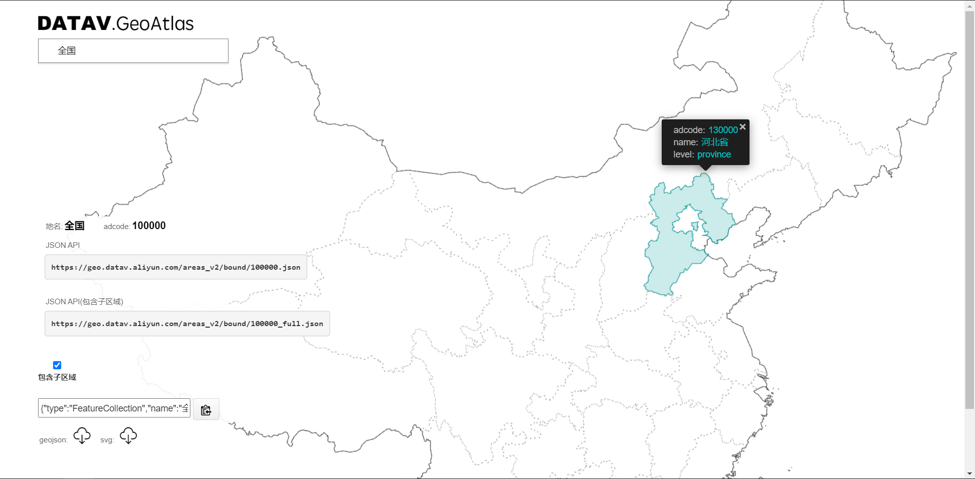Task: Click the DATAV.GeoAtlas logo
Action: pyautogui.click(x=116, y=23)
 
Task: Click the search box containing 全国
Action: pyautogui.click(x=133, y=51)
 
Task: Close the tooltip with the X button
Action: pyautogui.click(x=742, y=126)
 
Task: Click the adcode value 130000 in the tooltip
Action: pyautogui.click(x=723, y=130)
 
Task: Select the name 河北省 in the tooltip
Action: pyautogui.click(x=714, y=142)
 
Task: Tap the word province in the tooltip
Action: pyautogui.click(x=713, y=154)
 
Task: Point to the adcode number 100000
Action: pyautogui.click(x=149, y=226)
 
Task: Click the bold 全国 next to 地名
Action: pyautogui.click(x=74, y=226)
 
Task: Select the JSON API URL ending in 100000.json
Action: pyautogui.click(x=176, y=267)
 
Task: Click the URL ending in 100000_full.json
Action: pyautogui.click(x=187, y=324)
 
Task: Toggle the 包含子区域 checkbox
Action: pyautogui.click(x=57, y=365)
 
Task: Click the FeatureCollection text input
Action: pyautogui.click(x=114, y=408)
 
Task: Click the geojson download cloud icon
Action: pyautogui.click(x=82, y=436)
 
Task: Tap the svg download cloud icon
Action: pyautogui.click(x=128, y=436)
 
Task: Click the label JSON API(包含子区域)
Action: pyautogui.click(x=84, y=302)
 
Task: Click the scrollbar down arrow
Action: pyautogui.click(x=969, y=474)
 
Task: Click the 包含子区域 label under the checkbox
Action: pyautogui.click(x=57, y=377)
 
